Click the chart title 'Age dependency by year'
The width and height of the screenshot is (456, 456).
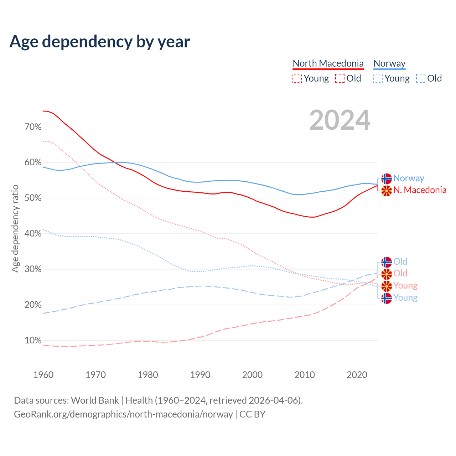tap(100, 42)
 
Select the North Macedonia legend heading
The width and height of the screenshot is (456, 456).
tap(328, 64)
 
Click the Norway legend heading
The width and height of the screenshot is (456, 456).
tap(389, 64)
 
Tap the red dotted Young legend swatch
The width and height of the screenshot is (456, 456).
tap(297, 78)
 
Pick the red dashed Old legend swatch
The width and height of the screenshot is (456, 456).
tap(340, 78)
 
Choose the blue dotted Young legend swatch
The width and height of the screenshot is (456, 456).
tap(378, 78)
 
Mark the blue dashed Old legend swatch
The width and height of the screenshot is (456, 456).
tap(421, 78)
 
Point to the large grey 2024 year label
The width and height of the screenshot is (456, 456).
tap(340, 120)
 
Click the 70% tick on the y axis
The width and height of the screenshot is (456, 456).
tap(33, 127)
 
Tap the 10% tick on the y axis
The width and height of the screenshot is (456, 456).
tap(33, 341)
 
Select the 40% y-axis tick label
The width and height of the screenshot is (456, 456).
tap(33, 234)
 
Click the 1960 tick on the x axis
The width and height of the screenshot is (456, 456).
tap(43, 375)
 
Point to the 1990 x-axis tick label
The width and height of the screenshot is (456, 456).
tap(200, 375)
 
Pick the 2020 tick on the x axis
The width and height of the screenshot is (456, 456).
tap(357, 375)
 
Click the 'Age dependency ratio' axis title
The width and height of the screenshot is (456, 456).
tap(15, 228)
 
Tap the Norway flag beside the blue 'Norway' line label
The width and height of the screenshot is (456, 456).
tap(387, 178)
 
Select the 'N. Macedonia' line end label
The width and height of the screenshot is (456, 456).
tap(420, 190)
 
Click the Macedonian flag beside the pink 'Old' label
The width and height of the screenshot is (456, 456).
tap(387, 274)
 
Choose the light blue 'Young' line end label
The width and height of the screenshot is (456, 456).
tap(405, 298)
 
